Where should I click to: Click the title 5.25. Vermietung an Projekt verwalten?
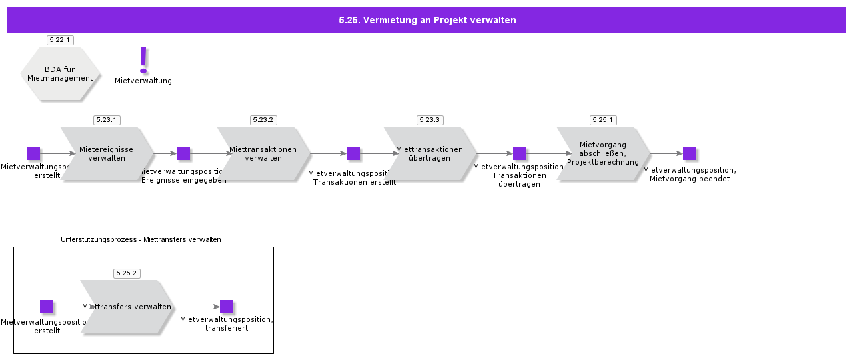pos(426,20)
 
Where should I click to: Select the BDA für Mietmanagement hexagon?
pos(60,73)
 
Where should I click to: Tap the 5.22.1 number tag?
pos(60,40)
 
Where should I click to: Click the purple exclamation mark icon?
pos(143,60)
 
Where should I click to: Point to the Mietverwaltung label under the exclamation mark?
pos(143,81)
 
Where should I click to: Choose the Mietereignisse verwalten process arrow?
pos(107,153)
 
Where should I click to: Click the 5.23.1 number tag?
pos(107,120)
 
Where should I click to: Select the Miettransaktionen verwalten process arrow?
pos(263,153)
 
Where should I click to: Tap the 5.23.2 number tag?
pos(263,120)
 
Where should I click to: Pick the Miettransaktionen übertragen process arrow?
pos(430,153)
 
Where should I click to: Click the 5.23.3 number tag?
pos(430,120)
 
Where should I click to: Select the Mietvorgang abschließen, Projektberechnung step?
pos(603,153)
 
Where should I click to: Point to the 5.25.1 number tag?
pos(603,120)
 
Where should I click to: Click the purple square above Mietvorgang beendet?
pos(690,153)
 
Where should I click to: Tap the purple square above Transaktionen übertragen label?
pos(520,153)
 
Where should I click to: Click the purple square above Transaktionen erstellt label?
pos(353,153)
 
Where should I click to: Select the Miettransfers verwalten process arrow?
pos(127,307)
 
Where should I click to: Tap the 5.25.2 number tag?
pos(127,273)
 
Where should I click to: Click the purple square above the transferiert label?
pos(227,307)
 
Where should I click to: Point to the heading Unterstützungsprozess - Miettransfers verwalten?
pos(141,239)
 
